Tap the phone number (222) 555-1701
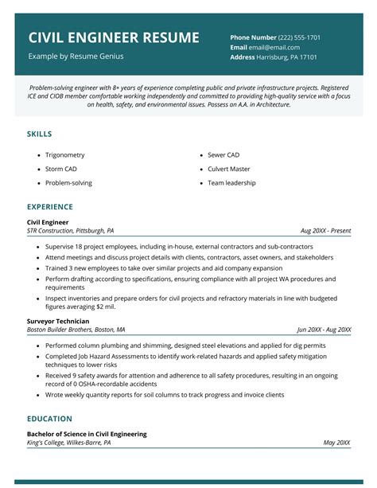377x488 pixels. coord(298,37)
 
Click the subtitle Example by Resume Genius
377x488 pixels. coord(76,57)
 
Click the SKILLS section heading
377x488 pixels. coord(40,134)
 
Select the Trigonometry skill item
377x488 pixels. coord(64,154)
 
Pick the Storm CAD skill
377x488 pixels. coord(61,169)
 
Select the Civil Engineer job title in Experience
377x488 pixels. coord(48,222)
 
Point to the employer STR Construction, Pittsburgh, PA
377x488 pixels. coord(70,231)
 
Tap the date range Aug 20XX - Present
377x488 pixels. coord(325,231)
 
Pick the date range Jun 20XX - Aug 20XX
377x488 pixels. coord(324,330)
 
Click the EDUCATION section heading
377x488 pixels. coord(49,418)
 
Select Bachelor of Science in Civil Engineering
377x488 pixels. coord(86,434)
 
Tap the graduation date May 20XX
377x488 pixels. coord(337,443)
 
